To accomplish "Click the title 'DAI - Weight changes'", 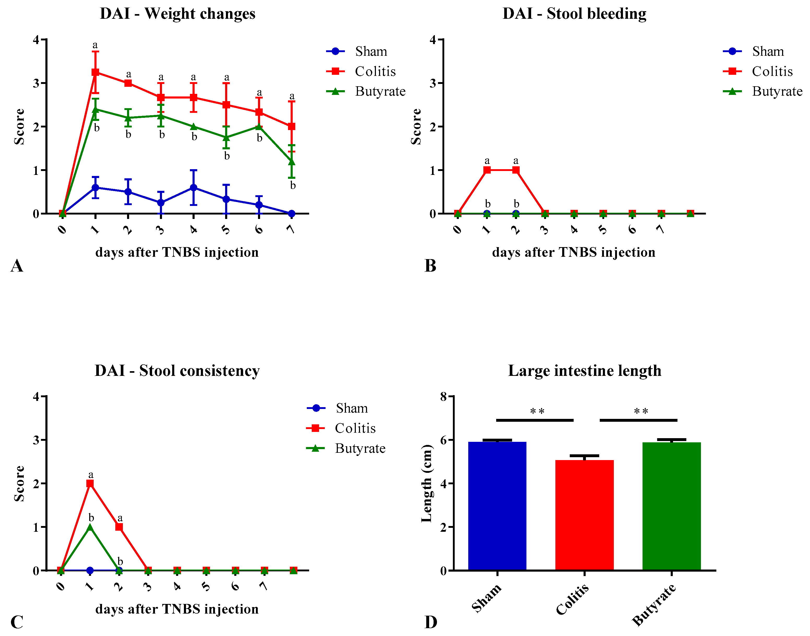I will pyautogui.click(x=177, y=14).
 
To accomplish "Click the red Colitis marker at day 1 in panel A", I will pyautogui.click(x=95, y=72).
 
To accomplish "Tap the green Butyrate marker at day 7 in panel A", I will pyautogui.click(x=292, y=162).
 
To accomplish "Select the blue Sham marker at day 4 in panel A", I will pyautogui.click(x=193, y=188).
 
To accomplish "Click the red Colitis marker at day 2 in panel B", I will pyautogui.click(x=516, y=170).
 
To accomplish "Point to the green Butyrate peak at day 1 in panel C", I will pyautogui.click(x=90, y=527).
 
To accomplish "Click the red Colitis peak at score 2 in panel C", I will pyautogui.click(x=90, y=483).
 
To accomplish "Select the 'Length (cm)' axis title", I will pyautogui.click(x=426, y=483).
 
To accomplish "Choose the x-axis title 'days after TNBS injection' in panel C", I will pyautogui.click(x=177, y=609).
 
